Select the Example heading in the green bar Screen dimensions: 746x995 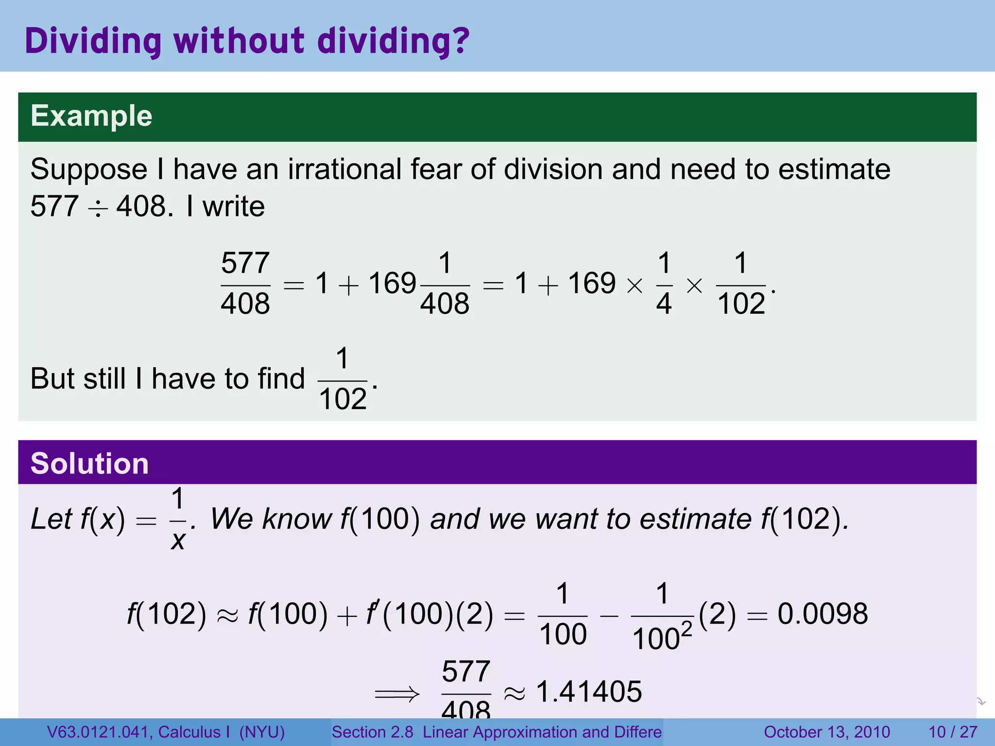91,116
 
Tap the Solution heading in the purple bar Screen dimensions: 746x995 89,463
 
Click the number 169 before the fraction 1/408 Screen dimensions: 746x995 392,283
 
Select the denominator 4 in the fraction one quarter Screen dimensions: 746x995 664,304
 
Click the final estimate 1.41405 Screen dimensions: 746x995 589,692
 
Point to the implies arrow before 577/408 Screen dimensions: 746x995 397,694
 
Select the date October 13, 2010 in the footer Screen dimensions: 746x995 826,732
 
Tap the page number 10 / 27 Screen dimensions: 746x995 953,732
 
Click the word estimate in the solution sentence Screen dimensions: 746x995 695,519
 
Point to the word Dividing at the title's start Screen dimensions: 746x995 93,41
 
